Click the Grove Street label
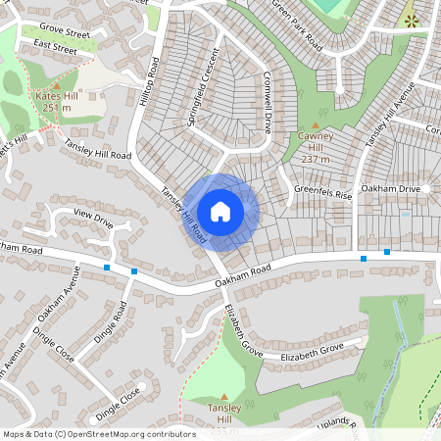[65, 33]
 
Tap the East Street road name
[55, 46]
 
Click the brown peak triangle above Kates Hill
[57, 85]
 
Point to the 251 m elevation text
[56, 109]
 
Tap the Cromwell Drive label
[266, 106]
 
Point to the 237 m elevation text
[315, 159]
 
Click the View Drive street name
[94, 219]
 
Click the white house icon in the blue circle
[220, 211]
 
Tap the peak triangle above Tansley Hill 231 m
[223, 395]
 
